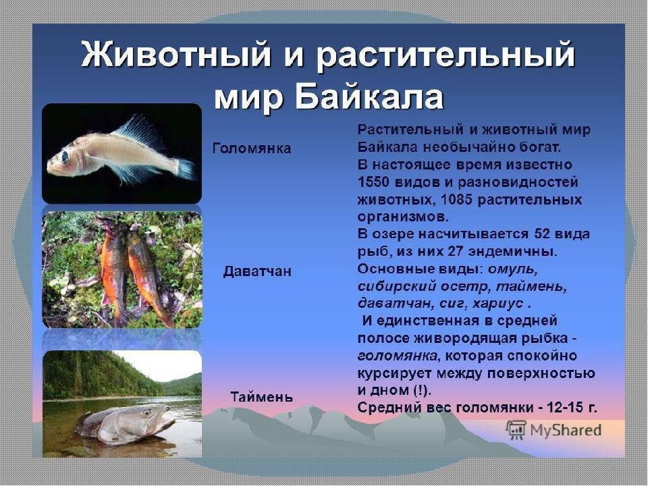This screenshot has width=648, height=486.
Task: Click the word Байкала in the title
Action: (x=371, y=97)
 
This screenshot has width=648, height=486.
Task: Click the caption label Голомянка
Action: (x=252, y=148)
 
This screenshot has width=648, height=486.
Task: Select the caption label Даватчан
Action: (x=257, y=271)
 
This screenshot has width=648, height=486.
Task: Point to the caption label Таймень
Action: (x=262, y=397)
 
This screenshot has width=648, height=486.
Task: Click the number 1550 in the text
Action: (x=373, y=182)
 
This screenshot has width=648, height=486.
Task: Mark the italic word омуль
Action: (x=513, y=269)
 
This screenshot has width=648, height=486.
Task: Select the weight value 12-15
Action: (x=564, y=408)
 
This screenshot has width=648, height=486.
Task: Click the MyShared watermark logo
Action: (x=553, y=430)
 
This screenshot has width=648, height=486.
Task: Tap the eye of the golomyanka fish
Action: (x=65, y=157)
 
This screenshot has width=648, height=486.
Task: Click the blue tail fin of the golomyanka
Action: (x=186, y=169)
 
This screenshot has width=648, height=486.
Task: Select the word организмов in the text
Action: (x=402, y=217)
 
